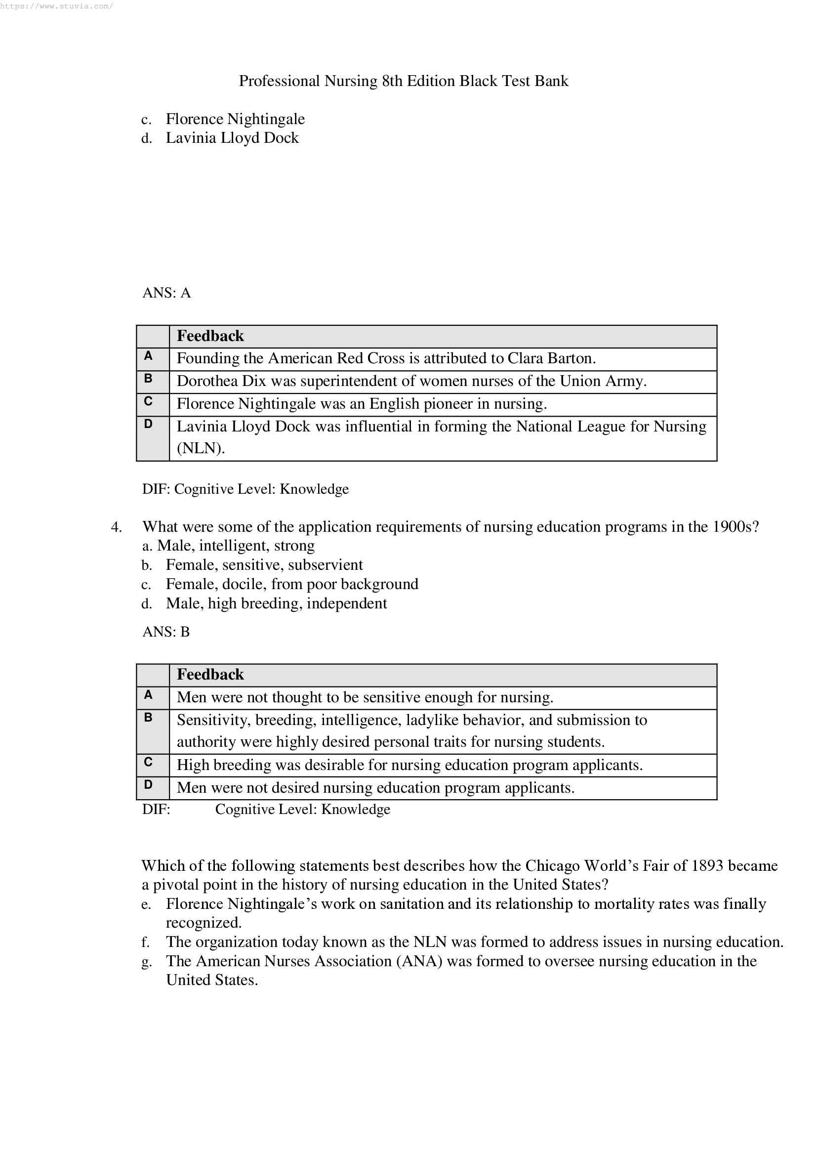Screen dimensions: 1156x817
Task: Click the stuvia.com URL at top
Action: click(56, 6)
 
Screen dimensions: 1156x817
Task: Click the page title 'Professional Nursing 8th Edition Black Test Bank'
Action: click(404, 81)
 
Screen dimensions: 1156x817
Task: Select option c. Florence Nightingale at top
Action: click(235, 119)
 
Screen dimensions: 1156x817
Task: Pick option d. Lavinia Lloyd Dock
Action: click(232, 138)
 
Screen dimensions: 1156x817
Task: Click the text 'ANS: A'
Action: click(166, 293)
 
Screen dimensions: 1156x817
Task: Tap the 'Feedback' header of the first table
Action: click(210, 336)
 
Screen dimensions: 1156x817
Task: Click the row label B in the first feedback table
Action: click(148, 379)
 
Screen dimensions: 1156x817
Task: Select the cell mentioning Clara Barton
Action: click(386, 358)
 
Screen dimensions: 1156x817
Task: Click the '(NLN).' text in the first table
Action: click(201, 448)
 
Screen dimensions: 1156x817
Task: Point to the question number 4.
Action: click(116, 527)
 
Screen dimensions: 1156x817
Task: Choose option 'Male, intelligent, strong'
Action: click(236, 546)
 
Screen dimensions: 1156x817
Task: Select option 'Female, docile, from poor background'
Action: click(292, 584)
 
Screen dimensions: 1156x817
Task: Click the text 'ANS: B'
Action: click(166, 632)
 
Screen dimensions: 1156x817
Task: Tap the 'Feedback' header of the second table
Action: click(210, 675)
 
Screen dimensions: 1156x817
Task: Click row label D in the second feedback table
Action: click(148, 784)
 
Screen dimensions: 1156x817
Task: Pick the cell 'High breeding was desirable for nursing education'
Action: click(409, 765)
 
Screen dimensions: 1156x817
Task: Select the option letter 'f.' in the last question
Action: click(146, 942)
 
